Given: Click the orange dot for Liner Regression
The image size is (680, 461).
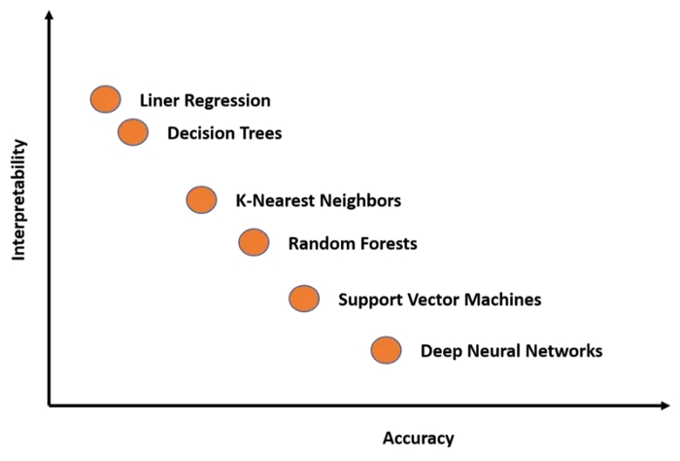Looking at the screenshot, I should [x=106, y=98].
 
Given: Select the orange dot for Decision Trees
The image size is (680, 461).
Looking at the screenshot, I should [x=133, y=131].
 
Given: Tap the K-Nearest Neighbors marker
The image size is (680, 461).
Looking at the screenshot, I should [x=201, y=199].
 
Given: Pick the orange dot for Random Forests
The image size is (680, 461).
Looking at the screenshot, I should [x=254, y=242].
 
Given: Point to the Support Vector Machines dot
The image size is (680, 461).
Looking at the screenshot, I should [x=304, y=299].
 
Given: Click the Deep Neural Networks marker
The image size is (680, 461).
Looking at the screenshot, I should [x=386, y=350].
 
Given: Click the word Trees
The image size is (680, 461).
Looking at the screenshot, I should [x=259, y=133].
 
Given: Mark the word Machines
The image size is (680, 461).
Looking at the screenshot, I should [x=505, y=300].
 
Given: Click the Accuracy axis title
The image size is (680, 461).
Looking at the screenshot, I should [x=418, y=439].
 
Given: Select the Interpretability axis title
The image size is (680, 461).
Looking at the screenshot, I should [x=18, y=200].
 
